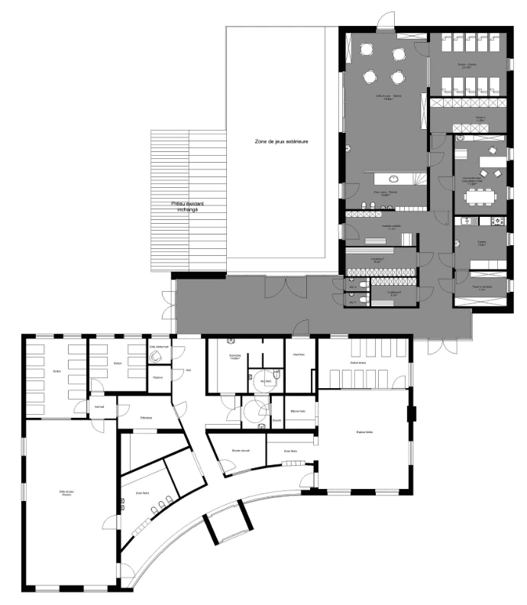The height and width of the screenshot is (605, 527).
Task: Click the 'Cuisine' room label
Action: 482,243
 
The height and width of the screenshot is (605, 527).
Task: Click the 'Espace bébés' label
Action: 364,432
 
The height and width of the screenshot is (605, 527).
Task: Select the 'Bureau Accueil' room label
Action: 241,451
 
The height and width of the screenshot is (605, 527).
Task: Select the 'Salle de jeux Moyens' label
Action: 384,98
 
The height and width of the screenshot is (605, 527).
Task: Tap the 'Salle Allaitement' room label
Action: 159,346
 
